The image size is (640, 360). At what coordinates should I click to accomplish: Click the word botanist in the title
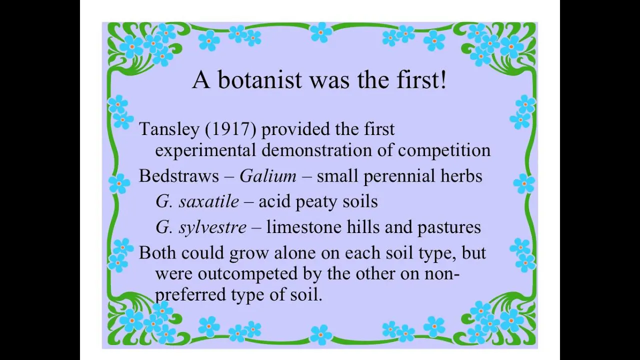click(259, 79)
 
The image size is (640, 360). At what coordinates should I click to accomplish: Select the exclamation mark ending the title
click(443, 79)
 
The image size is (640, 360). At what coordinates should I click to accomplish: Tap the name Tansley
click(169, 129)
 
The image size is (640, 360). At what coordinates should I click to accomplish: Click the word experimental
click(205, 150)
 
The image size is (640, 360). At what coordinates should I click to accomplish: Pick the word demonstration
click(317, 149)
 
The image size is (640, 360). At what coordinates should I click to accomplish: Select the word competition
click(444, 150)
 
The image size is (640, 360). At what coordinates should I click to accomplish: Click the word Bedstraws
click(179, 175)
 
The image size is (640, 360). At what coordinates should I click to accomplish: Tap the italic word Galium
click(268, 175)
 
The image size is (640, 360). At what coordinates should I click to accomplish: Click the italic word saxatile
click(209, 201)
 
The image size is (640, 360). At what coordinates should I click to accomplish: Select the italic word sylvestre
click(212, 227)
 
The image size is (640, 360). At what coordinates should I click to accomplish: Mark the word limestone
click(303, 227)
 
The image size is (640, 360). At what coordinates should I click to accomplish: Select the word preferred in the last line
click(190, 295)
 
